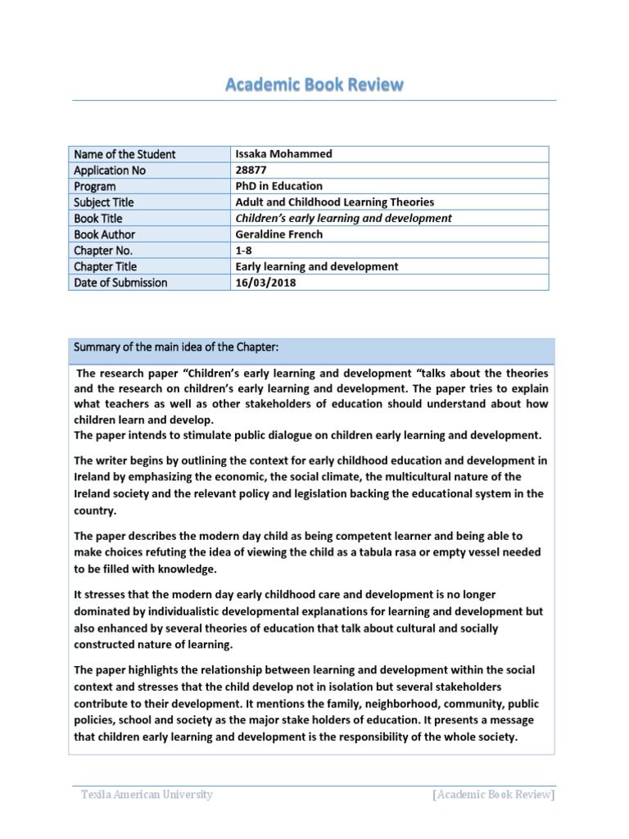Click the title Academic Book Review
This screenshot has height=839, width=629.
point(314,85)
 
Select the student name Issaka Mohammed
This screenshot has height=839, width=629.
point(283,154)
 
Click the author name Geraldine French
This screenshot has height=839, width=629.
point(280,234)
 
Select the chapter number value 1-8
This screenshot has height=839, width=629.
point(245,251)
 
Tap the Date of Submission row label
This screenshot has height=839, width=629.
point(120,283)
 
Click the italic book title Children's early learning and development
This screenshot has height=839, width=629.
point(343,218)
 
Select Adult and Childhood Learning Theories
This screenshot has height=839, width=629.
point(334,202)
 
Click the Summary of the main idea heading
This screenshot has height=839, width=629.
point(176,348)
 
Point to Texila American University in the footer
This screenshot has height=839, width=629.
point(147,794)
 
